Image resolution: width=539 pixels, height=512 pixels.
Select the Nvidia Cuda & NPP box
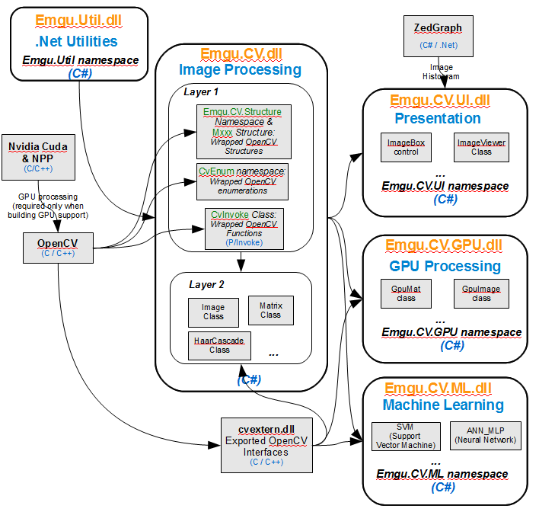[37, 151]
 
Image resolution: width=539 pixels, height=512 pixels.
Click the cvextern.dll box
[256, 441]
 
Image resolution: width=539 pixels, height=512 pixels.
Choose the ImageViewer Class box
[481, 146]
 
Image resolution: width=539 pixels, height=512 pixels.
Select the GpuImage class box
[481, 293]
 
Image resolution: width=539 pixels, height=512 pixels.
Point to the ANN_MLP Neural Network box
[486, 435]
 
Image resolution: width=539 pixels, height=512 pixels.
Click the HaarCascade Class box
[219, 345]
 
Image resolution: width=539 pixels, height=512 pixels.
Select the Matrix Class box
[270, 310]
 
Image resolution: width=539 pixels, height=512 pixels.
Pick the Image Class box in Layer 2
[213, 312]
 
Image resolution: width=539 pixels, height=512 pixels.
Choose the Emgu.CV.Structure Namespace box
[242, 130]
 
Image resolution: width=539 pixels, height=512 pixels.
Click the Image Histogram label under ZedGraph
[441, 72]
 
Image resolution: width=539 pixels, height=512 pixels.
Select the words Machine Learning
[443, 405]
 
